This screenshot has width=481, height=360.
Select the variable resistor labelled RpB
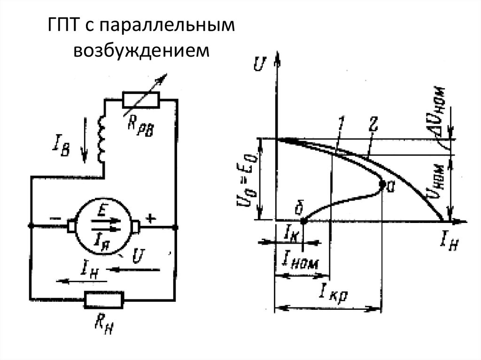coord(141,100)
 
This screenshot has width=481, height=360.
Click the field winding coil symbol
coord(102,139)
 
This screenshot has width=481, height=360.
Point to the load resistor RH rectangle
coord(104,299)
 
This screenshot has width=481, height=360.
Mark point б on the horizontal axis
coord(303,219)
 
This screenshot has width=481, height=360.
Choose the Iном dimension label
coord(299,259)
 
